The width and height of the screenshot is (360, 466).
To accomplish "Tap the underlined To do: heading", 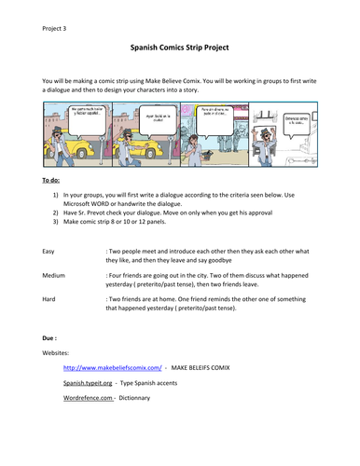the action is pos(54,180).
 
